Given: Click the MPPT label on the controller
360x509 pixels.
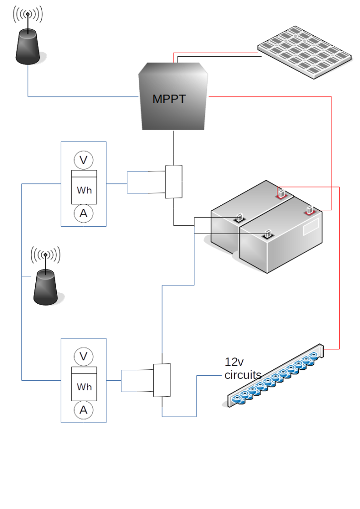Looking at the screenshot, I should (169, 99).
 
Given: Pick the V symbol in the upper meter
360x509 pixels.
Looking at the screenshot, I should (84, 160).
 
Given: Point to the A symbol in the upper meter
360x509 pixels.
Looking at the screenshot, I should (84, 213).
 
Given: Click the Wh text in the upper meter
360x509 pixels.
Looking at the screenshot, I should (84, 190).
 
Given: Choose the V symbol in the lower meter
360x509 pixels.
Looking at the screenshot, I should (84, 356).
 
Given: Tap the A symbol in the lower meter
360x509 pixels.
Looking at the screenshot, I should (84, 410).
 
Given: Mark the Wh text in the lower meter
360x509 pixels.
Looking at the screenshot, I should (84, 387).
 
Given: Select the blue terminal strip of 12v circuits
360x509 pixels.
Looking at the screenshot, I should (276, 377).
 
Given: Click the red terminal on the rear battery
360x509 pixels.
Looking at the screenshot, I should (281, 193).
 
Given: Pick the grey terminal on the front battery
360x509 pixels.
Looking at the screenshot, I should (267, 232).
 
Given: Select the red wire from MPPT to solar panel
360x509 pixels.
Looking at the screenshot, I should (214, 52).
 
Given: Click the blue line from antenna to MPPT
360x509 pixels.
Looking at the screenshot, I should (80, 96).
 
